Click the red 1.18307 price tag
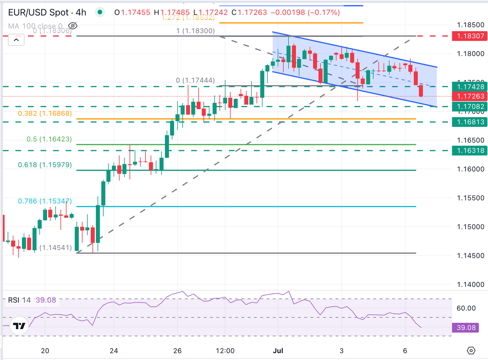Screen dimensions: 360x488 (x=469, y=36)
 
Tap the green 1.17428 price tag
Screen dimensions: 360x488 (x=469, y=87)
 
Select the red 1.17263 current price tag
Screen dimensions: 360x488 (x=469, y=96)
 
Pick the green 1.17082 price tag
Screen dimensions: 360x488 (x=469, y=107)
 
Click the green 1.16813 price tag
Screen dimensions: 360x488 (x=469, y=122)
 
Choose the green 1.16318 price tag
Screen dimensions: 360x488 (x=469, y=150)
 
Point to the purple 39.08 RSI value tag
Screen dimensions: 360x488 (x=466, y=328)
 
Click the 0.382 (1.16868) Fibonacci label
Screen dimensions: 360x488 (x=45, y=114)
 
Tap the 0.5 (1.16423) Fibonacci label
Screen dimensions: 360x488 (x=49, y=139)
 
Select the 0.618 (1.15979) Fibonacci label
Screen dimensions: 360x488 (x=45, y=165)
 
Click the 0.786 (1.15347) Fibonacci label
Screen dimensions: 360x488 (x=45, y=201)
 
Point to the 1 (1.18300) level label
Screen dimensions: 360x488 (x=195, y=31)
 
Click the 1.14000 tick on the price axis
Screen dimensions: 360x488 (x=470, y=285)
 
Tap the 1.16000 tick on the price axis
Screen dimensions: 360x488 (x=470, y=169)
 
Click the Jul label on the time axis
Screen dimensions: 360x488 (x=278, y=351)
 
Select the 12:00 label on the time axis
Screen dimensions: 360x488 (x=225, y=351)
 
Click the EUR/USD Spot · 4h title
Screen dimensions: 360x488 (x=47, y=12)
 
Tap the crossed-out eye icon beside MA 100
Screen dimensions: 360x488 (x=73, y=26)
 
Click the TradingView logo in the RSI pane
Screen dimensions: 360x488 (x=19, y=326)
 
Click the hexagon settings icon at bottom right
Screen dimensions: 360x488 (x=471, y=350)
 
